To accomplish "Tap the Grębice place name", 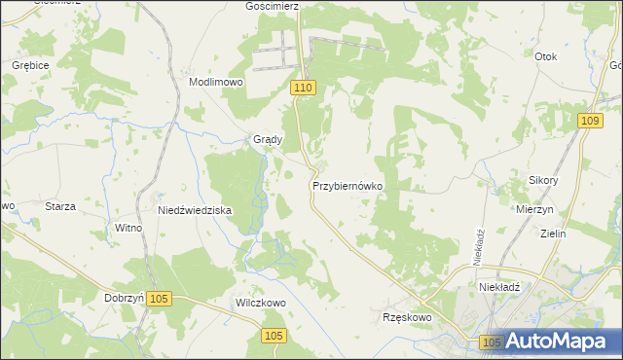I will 30,64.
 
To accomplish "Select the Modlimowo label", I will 215,83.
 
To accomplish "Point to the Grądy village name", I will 268,139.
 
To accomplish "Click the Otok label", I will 546,56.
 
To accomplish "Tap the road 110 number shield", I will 303,88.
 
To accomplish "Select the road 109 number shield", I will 588,120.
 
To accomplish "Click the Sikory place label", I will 543,181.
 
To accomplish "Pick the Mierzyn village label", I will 535,209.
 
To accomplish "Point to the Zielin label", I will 553,234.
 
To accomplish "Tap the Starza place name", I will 60,206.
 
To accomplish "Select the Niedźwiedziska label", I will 195,209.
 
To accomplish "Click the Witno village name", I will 128,228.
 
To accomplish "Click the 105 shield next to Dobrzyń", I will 162,299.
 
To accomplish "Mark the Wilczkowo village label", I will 260,303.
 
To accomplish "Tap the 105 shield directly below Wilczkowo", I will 274,336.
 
